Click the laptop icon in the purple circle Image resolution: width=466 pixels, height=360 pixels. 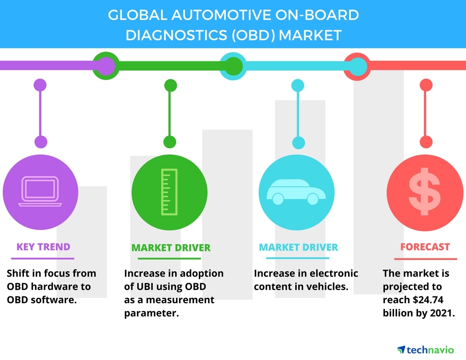point(40,191)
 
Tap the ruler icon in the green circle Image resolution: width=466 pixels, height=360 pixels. point(169,192)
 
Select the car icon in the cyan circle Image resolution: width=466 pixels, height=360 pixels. point(296,192)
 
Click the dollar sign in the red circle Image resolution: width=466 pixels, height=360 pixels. point(425,191)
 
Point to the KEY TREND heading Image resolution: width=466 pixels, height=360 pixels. point(43,247)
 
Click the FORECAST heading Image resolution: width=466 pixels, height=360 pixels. point(425,247)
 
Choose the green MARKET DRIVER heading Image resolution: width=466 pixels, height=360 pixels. point(171,248)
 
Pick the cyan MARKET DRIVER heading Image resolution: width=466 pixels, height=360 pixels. point(298,247)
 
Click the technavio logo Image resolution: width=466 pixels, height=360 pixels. point(425,349)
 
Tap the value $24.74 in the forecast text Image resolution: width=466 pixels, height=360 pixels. point(428,300)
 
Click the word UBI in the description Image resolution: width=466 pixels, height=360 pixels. point(145,287)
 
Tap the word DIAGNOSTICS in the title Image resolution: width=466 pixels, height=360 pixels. point(176,35)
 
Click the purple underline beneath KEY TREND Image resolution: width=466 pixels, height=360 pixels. point(42,259)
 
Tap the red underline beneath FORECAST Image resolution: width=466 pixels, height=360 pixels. point(425,259)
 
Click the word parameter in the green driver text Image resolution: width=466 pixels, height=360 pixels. point(151,313)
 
